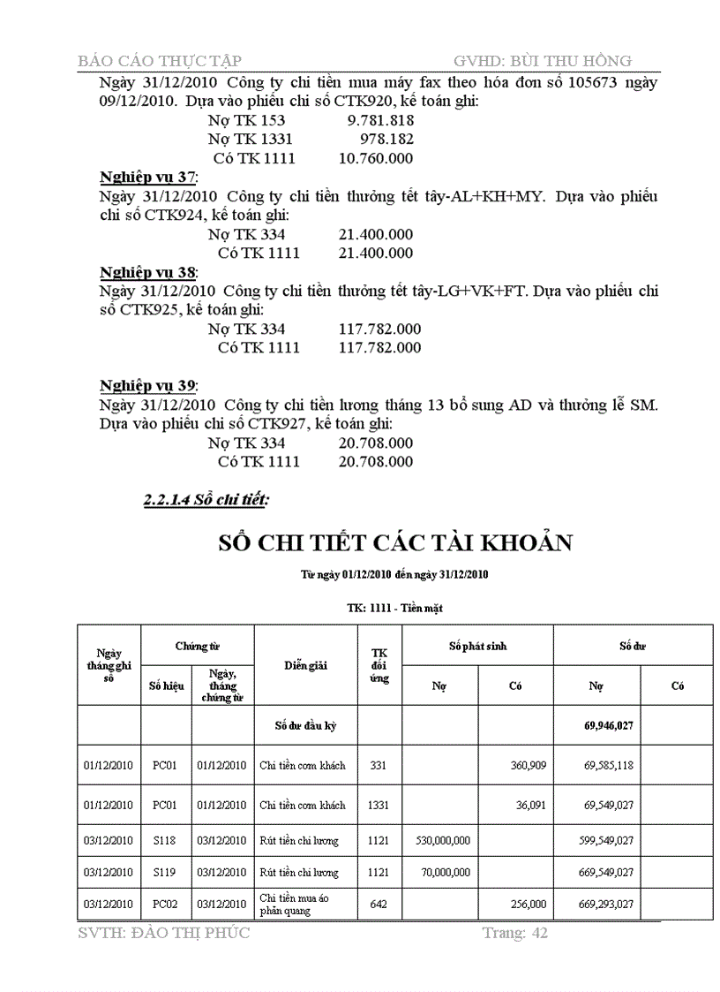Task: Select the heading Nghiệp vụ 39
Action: (x=148, y=386)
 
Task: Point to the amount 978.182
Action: (x=386, y=140)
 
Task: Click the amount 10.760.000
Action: (x=376, y=159)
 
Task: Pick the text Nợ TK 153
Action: (x=246, y=120)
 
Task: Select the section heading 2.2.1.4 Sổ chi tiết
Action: (x=206, y=501)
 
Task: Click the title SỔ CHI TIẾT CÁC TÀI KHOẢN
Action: (x=395, y=541)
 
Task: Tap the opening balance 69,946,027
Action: (x=608, y=726)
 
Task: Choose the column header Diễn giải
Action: (x=305, y=665)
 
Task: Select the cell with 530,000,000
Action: (x=443, y=841)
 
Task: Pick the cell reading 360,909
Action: (x=529, y=765)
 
